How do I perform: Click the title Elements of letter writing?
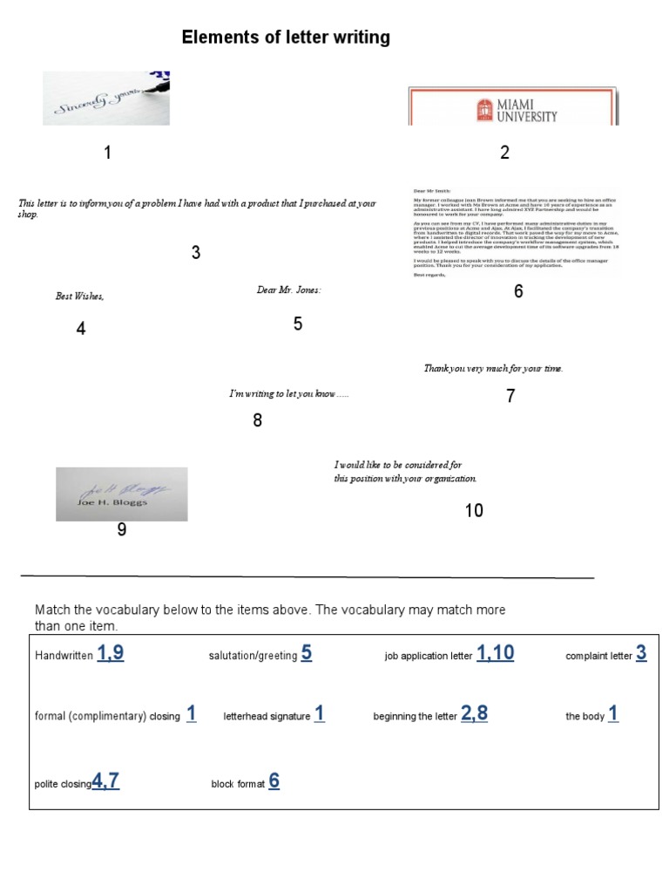[286, 37]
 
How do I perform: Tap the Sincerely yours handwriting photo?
[106, 99]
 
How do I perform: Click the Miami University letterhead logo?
[513, 107]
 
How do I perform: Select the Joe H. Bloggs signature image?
[122, 494]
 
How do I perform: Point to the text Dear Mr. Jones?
[288, 290]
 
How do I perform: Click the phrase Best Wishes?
[80, 297]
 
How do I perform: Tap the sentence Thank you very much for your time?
[493, 369]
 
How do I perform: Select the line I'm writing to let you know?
[288, 394]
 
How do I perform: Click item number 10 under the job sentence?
[474, 511]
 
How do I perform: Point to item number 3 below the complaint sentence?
[196, 253]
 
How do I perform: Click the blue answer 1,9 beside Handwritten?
[111, 653]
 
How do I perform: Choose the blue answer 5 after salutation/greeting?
[307, 653]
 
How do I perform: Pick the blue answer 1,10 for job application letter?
[495, 653]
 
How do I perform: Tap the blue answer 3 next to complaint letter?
[641, 653]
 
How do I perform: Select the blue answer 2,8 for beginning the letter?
[474, 713]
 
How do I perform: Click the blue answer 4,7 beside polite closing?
[105, 781]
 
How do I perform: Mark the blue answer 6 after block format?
[274, 781]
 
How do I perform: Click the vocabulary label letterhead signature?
[267, 717]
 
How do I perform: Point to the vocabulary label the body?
[585, 717]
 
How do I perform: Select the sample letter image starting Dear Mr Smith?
[514, 232]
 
